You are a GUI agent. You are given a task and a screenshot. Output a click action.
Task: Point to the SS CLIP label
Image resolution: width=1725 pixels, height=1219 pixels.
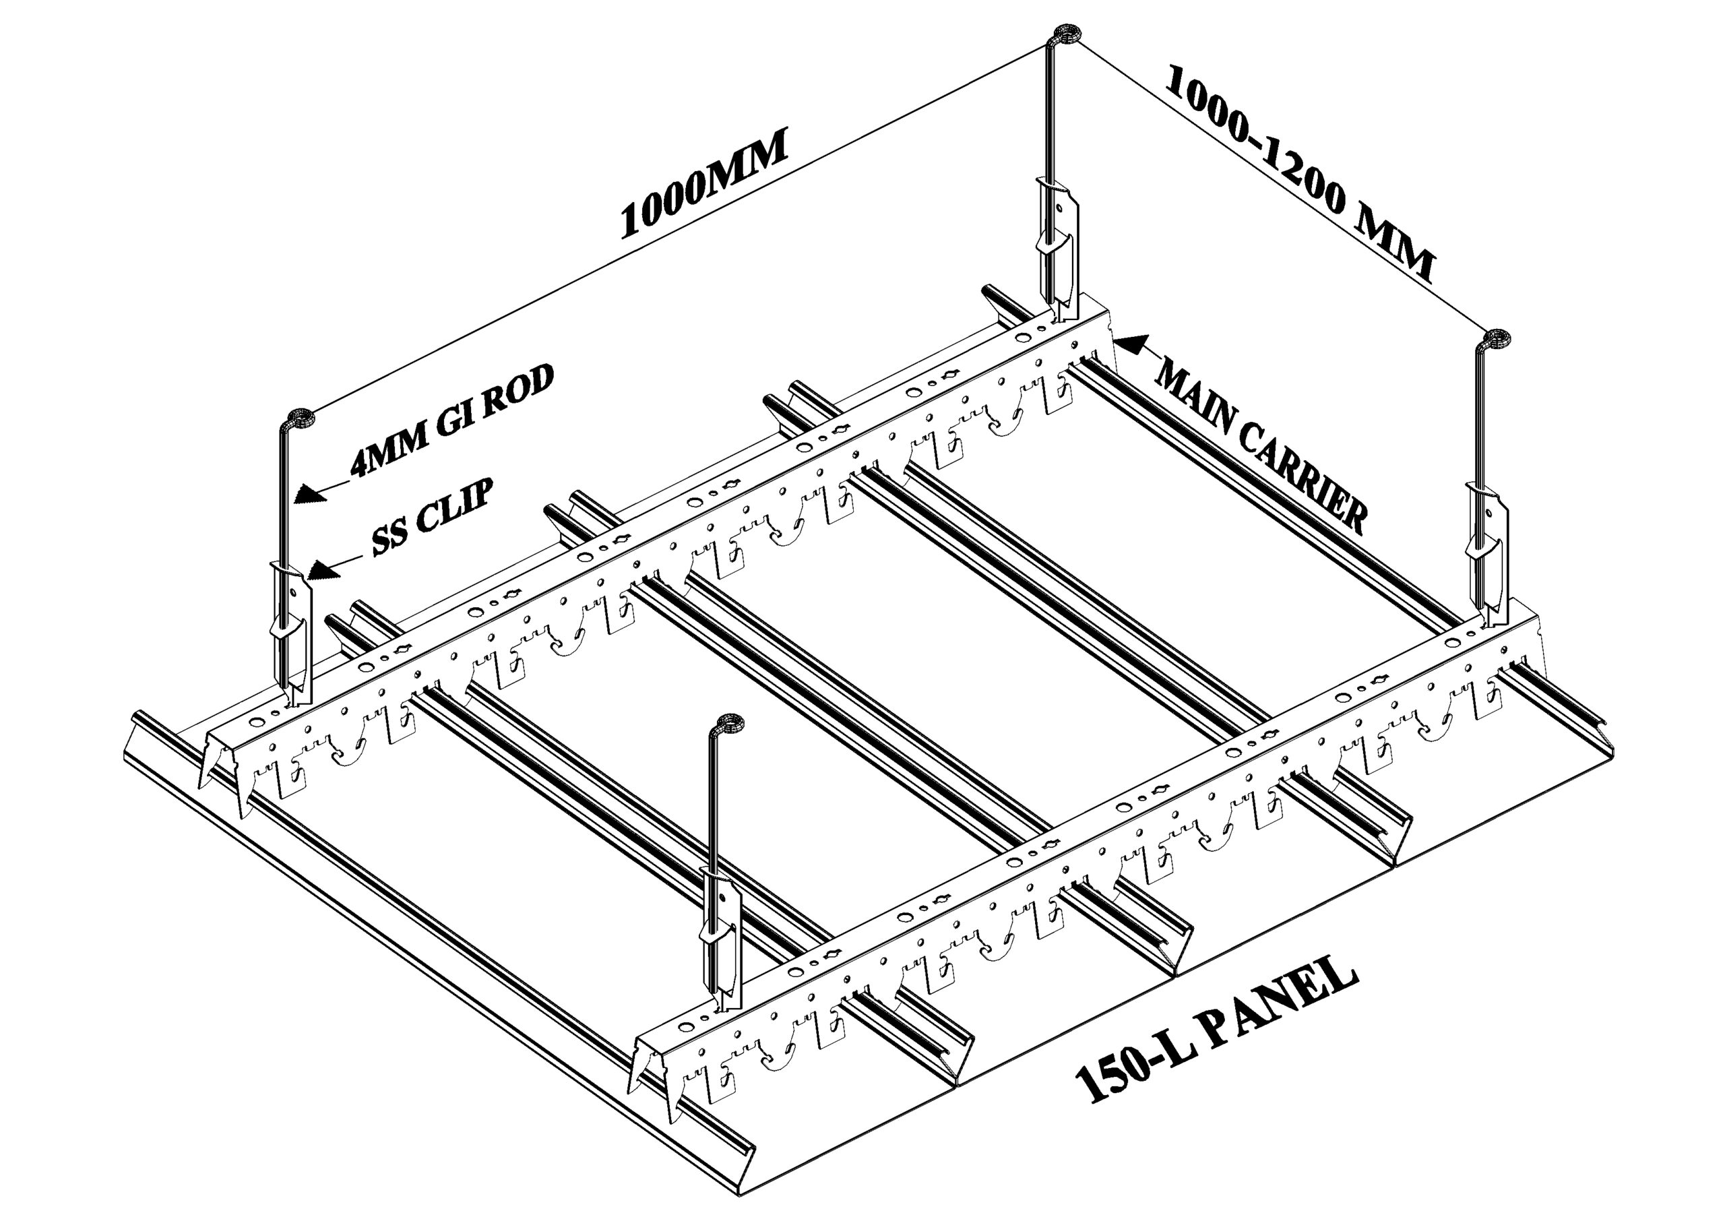coord(433,519)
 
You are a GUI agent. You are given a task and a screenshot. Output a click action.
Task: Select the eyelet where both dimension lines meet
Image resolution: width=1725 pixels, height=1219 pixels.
coord(1065,34)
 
